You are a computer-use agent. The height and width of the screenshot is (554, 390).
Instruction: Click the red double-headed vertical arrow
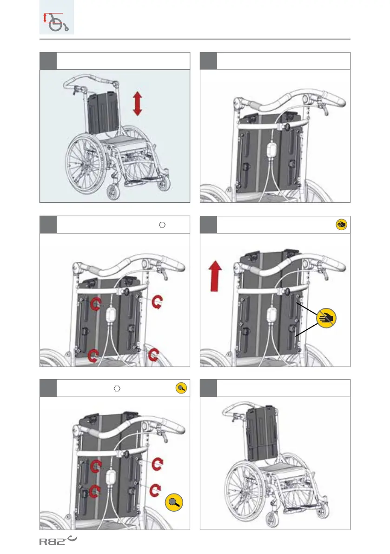(137, 104)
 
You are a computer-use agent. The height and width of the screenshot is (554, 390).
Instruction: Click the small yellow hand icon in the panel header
(341, 225)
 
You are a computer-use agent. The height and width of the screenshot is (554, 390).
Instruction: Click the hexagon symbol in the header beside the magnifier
(117, 388)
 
